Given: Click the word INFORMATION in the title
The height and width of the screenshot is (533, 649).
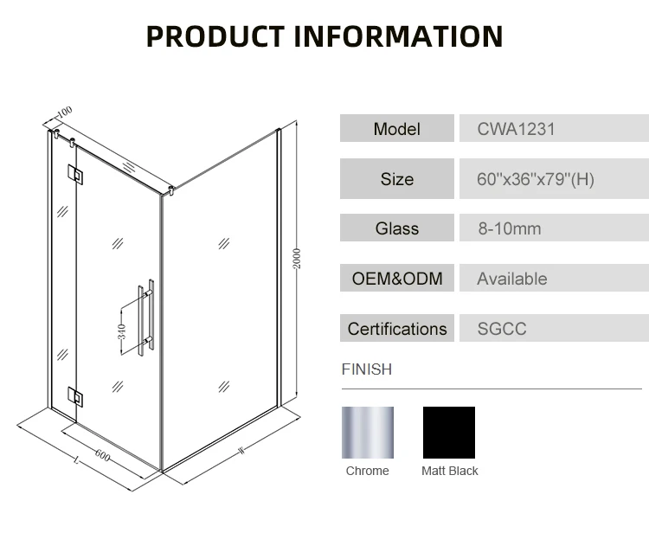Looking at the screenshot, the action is (398, 36).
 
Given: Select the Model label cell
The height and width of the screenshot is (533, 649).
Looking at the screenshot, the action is (396, 129).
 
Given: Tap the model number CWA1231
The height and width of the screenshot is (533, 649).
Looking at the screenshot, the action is (516, 129).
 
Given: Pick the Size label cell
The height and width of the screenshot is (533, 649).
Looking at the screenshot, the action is (396, 179).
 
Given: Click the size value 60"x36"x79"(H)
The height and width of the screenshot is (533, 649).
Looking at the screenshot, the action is (536, 180).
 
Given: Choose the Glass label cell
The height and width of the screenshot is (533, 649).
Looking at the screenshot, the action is (396, 228).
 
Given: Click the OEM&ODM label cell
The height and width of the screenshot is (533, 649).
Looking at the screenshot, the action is (396, 279).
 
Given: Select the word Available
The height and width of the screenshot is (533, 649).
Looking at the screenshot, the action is (512, 279).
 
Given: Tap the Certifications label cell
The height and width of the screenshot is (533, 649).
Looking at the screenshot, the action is (396, 329).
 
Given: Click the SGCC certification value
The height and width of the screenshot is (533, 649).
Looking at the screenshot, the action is (502, 329).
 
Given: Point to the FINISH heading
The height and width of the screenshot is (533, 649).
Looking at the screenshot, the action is (367, 369).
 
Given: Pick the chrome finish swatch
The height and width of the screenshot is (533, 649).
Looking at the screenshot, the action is (368, 432).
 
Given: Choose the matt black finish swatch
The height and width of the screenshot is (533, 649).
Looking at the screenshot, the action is (448, 432).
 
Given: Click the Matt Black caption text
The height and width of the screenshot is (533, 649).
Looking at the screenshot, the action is (449, 472).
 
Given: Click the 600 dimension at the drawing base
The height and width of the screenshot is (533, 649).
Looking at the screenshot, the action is (102, 454).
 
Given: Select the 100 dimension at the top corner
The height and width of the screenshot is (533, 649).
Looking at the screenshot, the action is (65, 112).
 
